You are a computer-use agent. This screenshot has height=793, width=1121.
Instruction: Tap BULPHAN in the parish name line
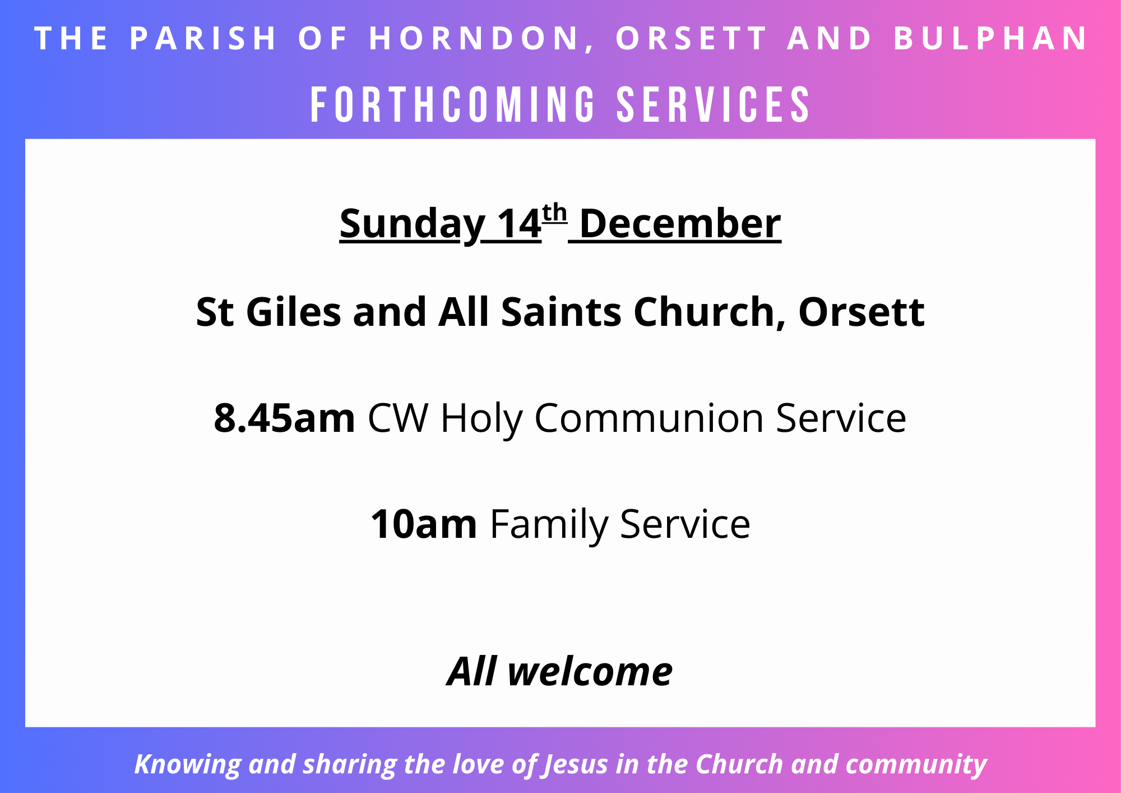990,38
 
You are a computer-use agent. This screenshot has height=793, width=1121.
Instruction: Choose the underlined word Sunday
413,224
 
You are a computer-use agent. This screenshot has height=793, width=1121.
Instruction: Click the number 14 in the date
519,224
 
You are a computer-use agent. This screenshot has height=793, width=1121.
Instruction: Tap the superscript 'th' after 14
555,213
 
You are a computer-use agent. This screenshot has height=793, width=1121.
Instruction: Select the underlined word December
680,224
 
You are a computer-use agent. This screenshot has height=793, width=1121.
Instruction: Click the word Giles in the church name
294,312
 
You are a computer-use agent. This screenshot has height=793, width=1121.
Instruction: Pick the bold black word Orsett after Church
861,312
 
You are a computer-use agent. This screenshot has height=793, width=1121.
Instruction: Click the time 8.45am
285,418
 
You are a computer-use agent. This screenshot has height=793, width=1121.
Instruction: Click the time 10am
424,524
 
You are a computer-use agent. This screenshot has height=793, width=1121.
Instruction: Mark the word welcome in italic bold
590,671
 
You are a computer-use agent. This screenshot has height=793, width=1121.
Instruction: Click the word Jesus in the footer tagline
576,765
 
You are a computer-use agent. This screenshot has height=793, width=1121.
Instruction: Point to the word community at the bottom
916,765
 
